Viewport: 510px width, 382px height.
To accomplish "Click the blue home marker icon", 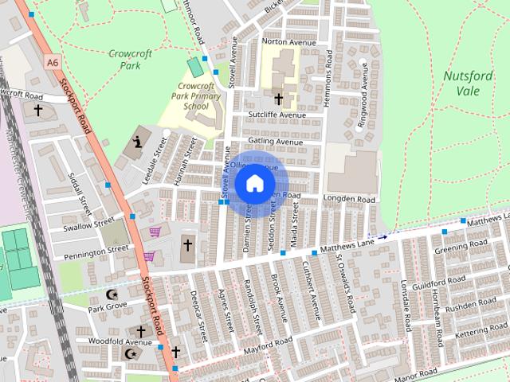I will click(x=254, y=184).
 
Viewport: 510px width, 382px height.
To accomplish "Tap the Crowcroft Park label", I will click(x=124, y=60).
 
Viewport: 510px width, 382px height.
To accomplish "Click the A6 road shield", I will click(x=53, y=61).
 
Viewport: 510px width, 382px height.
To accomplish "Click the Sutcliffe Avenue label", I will click(x=277, y=115).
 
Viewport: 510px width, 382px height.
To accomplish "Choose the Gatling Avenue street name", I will click(x=276, y=141).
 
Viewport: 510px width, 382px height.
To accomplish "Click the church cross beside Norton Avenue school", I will click(x=279, y=99).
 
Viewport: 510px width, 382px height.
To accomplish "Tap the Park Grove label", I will click(x=107, y=306).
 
